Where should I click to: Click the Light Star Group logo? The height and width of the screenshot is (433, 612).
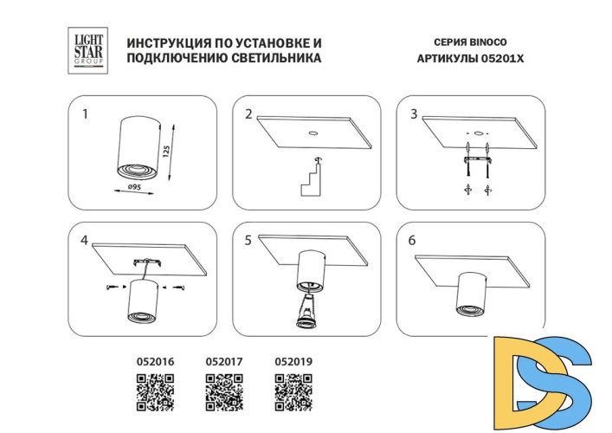(87, 50)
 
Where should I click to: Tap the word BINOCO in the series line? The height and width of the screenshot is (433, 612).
(488, 42)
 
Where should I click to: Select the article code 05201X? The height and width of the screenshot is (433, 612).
(502, 59)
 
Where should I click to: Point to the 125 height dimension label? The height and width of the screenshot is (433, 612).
(166, 152)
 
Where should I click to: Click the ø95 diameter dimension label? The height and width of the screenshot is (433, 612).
(134, 187)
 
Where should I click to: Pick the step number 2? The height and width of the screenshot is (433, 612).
(248, 114)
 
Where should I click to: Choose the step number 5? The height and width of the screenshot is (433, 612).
(248, 241)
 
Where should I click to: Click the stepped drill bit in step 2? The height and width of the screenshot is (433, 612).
(311, 180)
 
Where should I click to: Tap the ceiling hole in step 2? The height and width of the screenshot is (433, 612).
(312, 133)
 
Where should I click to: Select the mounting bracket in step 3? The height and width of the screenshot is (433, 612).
(478, 160)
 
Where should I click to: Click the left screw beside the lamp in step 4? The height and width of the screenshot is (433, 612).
(112, 288)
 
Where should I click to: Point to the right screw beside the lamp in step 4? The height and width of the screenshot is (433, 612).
(179, 288)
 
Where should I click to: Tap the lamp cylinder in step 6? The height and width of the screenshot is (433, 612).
(472, 294)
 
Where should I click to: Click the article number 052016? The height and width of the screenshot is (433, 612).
(155, 362)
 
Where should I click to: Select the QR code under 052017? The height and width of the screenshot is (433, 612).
(224, 393)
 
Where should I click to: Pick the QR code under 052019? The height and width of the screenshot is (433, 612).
(293, 393)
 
